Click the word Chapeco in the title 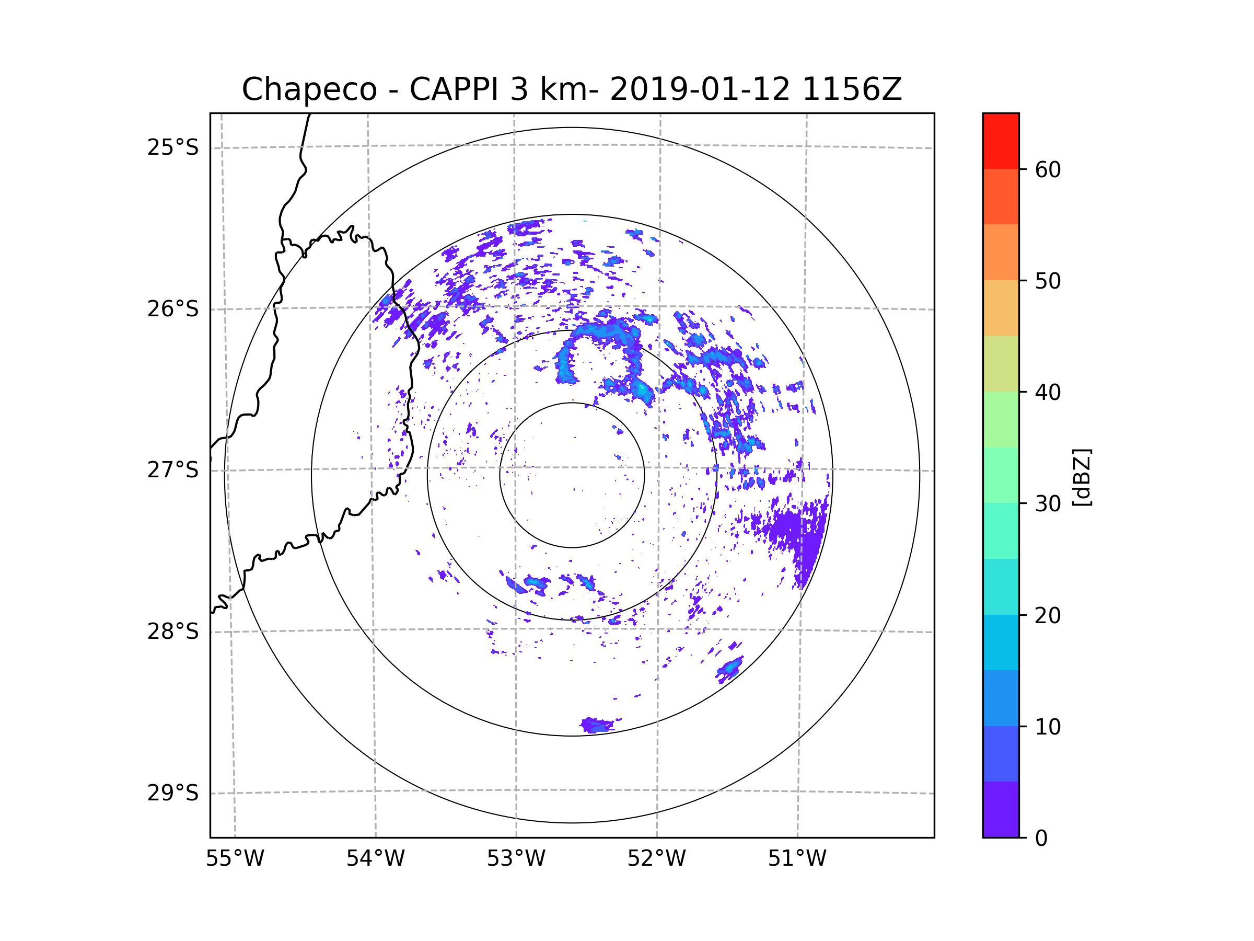[309, 89]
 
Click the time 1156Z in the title [852, 89]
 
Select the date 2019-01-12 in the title [700, 89]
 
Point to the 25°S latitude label [173, 147]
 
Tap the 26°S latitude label [173, 309]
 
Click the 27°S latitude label [173, 470]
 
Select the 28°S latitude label [173, 632]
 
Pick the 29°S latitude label [173, 793]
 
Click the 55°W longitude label [235, 859]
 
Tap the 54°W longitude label [375, 859]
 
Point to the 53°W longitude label [516, 859]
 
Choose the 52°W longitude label [656, 859]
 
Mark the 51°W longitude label [797, 859]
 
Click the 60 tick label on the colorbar [1048, 169]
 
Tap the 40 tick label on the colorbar [1048, 393]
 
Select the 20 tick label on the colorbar [1048, 615]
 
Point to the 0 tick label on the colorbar [1041, 839]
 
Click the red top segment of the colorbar [1001, 141]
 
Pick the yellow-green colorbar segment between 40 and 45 [1001, 363]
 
